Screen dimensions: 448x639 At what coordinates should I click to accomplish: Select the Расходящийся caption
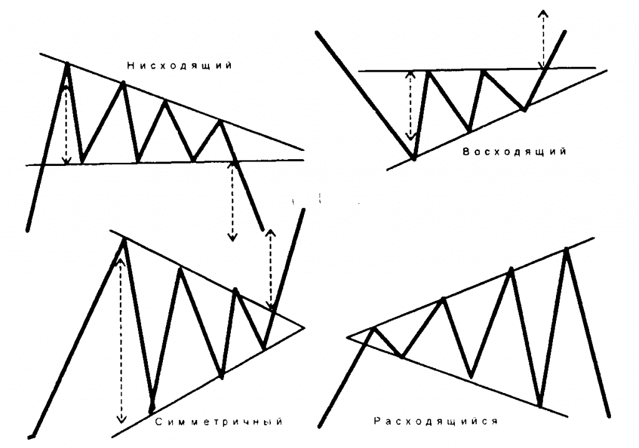pos(435,421)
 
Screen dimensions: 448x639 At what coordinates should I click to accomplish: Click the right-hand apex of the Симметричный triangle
pos(304,326)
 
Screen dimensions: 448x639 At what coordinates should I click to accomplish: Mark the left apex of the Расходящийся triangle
pos(346,338)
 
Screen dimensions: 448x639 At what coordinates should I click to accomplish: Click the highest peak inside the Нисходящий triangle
pos(67,63)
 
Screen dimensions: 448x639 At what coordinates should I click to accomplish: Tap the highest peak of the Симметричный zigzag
pos(124,240)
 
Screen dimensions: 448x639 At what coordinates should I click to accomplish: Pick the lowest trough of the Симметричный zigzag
pos(151,409)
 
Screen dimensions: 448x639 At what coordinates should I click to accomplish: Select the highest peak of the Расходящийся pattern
pos(567,250)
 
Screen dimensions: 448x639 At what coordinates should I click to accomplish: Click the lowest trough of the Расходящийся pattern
pos(540,406)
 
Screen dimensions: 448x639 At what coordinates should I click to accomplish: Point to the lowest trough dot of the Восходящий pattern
pos(414,159)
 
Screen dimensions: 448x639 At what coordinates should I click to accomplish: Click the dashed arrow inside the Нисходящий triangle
pos(67,125)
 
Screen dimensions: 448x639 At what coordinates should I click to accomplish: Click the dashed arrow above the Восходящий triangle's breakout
pos(543,39)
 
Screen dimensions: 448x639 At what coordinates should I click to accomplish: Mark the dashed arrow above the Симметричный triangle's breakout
pos(270,268)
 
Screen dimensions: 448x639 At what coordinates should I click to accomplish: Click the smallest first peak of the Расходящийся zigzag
pos(373,328)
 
